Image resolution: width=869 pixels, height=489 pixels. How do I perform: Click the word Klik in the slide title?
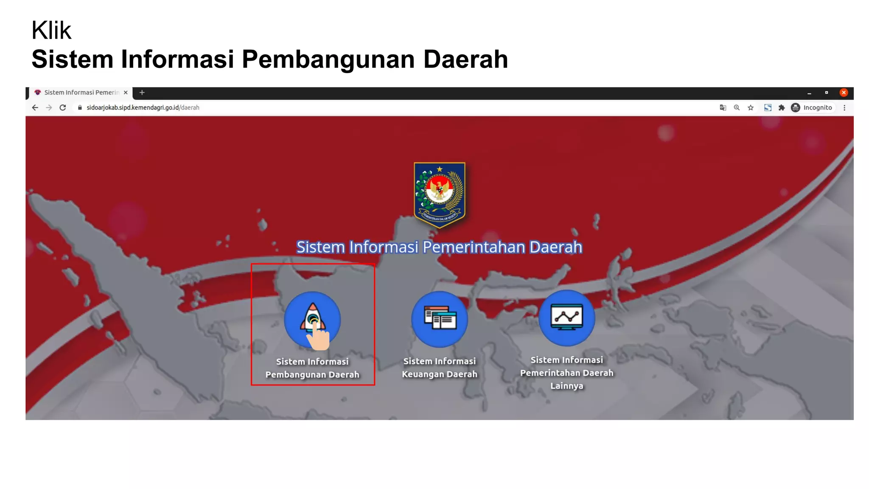51,31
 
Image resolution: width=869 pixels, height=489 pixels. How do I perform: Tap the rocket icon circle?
312,319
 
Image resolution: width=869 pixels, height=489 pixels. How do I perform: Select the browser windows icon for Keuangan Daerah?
440,319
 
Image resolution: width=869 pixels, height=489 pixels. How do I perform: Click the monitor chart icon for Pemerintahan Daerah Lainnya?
566,318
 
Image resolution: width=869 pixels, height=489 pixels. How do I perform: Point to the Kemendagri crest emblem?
440,194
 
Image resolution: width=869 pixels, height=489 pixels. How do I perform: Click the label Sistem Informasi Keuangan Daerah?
440,368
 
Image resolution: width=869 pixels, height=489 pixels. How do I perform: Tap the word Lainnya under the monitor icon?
566,386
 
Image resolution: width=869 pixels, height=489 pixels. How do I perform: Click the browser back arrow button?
35,108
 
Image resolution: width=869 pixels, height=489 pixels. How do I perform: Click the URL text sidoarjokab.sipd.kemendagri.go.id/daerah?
143,108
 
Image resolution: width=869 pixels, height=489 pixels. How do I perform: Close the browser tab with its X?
126,93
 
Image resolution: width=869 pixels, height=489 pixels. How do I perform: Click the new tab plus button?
142,93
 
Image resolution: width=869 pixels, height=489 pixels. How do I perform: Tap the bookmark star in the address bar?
751,108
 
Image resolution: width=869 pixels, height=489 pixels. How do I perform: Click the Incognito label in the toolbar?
817,108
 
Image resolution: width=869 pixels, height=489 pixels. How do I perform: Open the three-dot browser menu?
844,108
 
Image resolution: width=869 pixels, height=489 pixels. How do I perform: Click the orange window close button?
844,93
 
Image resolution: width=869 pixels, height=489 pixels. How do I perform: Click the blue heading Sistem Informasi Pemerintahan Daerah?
439,247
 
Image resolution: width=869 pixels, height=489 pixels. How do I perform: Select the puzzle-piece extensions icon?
782,108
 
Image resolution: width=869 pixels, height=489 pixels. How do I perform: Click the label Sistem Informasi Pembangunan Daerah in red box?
312,368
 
